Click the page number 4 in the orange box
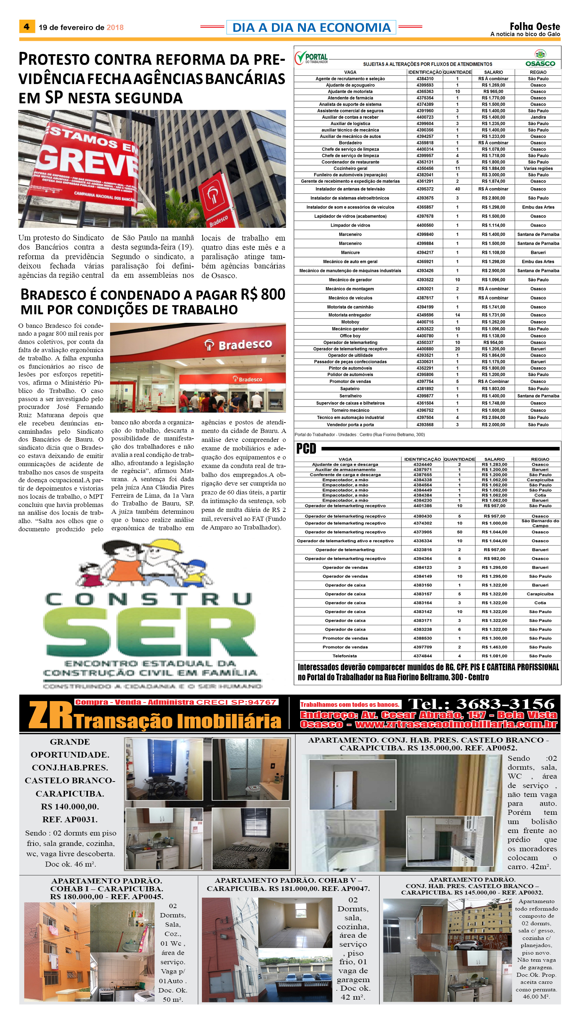pos(27,27)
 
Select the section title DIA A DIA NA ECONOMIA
pos(311,27)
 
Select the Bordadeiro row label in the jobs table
pos(350,143)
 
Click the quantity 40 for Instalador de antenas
pos(457,189)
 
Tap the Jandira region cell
pos(538,117)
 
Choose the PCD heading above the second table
pos(306,449)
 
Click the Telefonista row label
pos(345,656)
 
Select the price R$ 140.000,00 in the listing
pos(70,806)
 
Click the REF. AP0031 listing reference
pos(70,819)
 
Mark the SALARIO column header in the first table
pos(493,72)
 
